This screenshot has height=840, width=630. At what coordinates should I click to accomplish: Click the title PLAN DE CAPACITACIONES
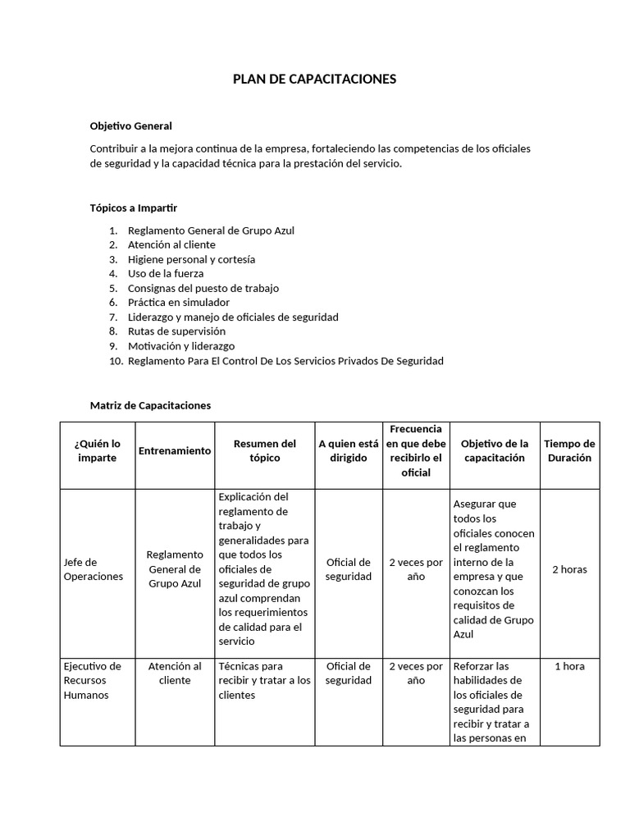pos(314,79)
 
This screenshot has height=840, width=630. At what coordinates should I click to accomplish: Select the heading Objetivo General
pos(130,126)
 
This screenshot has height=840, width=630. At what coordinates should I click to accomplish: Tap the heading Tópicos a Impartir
pos(133,208)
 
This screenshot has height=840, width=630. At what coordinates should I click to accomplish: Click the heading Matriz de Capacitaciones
pos(150,405)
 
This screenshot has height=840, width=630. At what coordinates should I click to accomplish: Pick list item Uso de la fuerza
pos(166,273)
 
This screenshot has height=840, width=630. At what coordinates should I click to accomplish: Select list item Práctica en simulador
pos(179,302)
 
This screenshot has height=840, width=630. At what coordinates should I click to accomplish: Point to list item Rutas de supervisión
pos(176,331)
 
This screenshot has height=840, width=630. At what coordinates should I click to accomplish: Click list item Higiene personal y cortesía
pos(191,259)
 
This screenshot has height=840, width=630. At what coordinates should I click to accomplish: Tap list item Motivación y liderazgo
pos(181,345)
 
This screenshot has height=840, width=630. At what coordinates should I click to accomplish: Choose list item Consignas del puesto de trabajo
pos(203,288)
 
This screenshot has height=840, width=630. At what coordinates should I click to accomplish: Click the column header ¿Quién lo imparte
pos(98,450)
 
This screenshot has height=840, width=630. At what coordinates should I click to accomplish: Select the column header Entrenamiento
pos(175,450)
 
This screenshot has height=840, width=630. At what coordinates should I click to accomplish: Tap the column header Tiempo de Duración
pos(569,450)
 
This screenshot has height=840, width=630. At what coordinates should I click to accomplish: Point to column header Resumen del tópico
pos(264,450)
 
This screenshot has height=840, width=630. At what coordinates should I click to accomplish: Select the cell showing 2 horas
pos(569,569)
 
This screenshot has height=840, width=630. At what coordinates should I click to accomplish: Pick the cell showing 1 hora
pos(569,666)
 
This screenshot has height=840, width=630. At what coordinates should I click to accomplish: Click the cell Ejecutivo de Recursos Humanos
pos(93,680)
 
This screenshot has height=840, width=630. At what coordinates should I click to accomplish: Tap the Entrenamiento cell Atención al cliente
pos(175,673)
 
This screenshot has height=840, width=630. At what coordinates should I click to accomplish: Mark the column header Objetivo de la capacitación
pos(494,450)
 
